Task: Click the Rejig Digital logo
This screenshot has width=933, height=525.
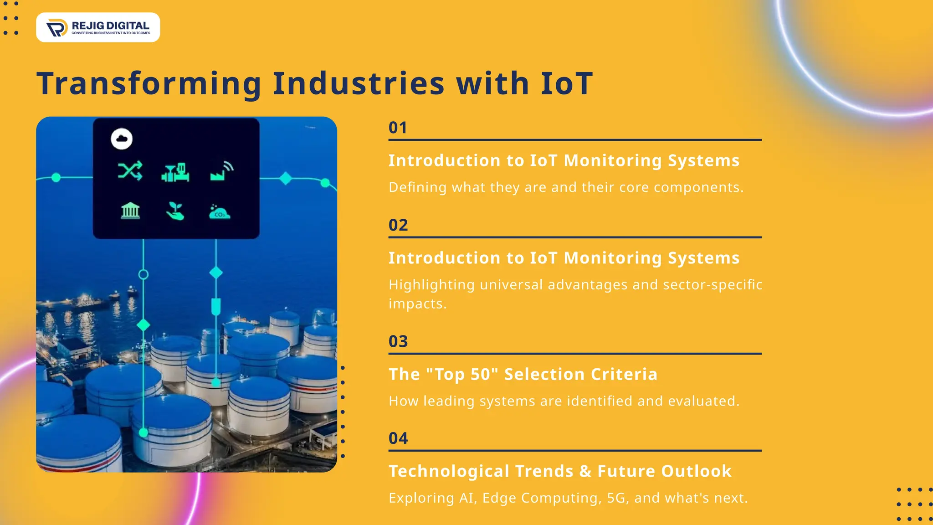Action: [98, 27]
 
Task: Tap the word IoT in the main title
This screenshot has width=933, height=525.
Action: [566, 84]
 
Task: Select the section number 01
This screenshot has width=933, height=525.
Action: [398, 128]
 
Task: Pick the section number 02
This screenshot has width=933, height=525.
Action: [398, 225]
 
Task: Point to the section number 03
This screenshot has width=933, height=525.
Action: [398, 341]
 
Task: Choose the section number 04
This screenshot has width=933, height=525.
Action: [398, 438]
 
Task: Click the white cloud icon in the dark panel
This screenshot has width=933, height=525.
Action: [122, 139]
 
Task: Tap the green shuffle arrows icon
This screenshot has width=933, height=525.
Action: [130, 171]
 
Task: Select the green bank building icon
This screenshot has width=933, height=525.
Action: [130, 211]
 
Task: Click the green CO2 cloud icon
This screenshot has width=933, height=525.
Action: [220, 212]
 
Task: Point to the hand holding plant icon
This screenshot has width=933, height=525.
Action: [175, 211]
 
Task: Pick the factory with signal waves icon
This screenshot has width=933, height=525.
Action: [222, 171]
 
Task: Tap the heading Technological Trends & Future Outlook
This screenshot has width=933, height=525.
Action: [560, 471]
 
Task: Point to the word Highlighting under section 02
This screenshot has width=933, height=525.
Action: [431, 285]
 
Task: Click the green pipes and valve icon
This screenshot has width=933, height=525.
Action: [175, 172]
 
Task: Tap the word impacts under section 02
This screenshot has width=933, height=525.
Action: [417, 304]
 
